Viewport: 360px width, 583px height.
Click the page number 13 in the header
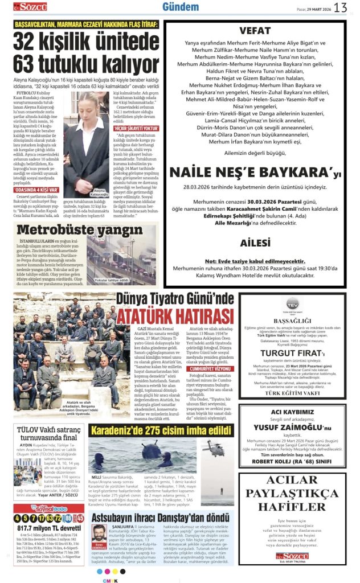pyautogui.click(x=340, y=7)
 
